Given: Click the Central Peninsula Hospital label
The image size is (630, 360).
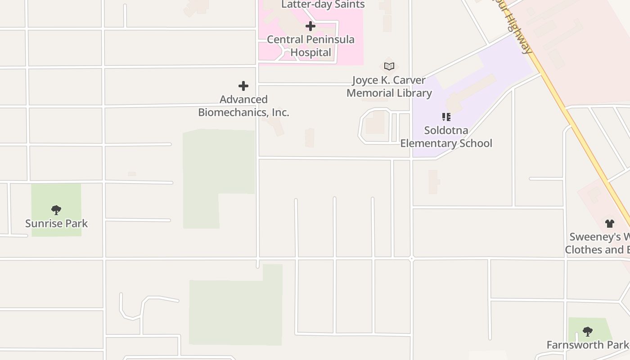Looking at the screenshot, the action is [x=310, y=46].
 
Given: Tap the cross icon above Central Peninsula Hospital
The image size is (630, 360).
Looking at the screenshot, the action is [x=310, y=26].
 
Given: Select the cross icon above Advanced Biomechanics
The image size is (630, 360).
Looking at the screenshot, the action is [x=243, y=85].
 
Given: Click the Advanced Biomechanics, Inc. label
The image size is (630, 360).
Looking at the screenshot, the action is [x=243, y=106].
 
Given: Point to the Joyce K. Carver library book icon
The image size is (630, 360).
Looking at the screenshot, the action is [x=389, y=67].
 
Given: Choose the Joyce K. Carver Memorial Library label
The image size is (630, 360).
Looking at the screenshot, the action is [x=389, y=86].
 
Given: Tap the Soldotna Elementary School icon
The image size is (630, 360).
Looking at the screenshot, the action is [x=446, y=117].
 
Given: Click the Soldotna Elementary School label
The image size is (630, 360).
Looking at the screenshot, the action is [x=446, y=137].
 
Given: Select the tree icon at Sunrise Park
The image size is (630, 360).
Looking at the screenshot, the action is [x=56, y=210].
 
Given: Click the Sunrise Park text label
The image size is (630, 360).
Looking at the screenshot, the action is [x=56, y=224].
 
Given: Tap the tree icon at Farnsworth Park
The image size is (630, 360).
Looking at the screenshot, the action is [x=587, y=332].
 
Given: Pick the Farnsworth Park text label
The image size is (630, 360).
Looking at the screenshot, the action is [x=587, y=345].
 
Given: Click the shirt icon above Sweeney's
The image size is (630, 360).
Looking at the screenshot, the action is [x=610, y=223].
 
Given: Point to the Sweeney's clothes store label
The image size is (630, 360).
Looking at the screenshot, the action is [x=598, y=243].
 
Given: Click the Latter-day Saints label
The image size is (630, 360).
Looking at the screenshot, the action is [x=323, y=4].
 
